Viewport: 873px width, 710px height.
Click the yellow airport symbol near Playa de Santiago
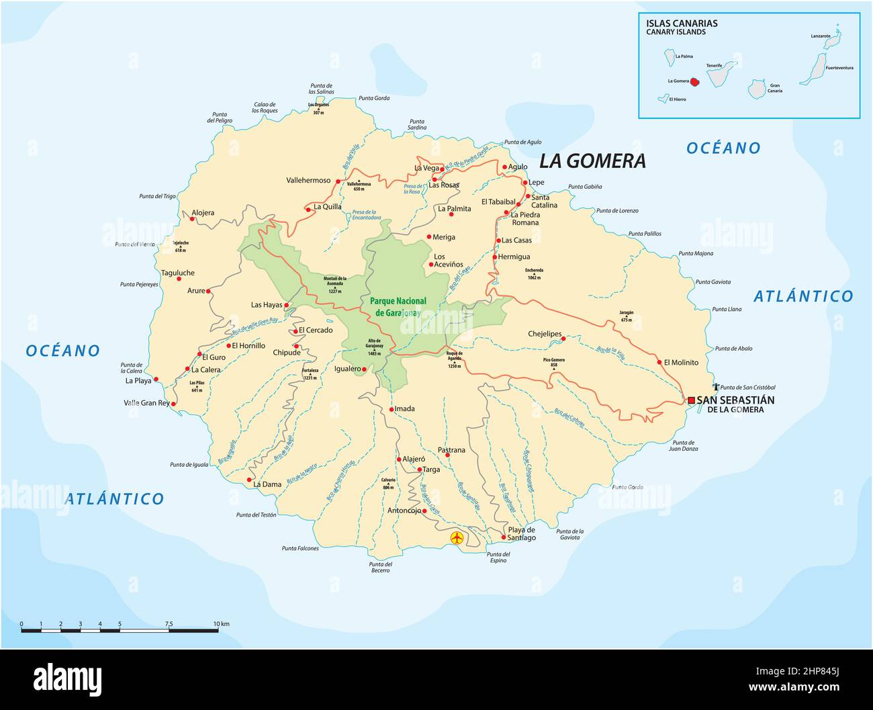click(457, 538)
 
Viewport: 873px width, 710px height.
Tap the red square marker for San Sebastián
click(691, 400)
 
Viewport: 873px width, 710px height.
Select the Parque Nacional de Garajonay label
click(398, 306)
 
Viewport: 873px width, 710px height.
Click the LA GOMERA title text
click(593, 161)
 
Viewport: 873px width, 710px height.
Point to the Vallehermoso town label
click(308, 180)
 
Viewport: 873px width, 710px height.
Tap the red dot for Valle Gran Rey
click(174, 404)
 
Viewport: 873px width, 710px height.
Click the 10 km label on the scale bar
click(221, 624)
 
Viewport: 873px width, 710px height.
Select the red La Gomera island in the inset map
click(696, 82)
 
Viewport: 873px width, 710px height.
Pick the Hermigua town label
click(516, 257)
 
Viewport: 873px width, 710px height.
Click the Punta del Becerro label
click(379, 567)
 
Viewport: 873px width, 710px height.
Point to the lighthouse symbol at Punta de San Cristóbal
click(717, 387)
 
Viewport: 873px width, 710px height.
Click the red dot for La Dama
click(249, 480)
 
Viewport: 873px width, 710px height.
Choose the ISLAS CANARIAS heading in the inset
click(682, 24)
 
